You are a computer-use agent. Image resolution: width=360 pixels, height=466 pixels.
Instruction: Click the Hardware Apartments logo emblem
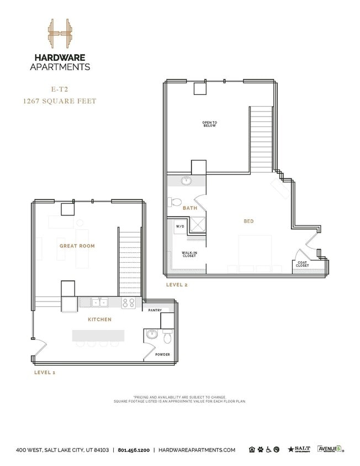tap(60, 35)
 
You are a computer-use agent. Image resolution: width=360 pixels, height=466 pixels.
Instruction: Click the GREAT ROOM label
tap(77, 246)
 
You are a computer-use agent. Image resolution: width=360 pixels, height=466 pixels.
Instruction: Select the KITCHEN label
tap(99, 320)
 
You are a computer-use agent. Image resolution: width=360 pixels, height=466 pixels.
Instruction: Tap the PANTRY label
tap(155, 310)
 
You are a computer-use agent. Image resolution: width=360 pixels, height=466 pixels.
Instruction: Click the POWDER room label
tap(162, 354)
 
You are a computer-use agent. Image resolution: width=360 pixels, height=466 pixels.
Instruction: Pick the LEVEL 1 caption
tap(45, 373)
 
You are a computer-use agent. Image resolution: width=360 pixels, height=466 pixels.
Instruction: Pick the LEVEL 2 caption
tap(177, 285)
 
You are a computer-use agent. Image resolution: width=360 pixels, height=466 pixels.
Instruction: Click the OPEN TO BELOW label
tap(209, 124)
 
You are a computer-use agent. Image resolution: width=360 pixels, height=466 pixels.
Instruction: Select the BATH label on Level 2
tap(190, 208)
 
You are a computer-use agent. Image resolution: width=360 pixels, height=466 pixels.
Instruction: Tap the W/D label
tap(180, 226)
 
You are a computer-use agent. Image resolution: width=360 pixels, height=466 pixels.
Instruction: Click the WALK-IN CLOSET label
tap(190, 255)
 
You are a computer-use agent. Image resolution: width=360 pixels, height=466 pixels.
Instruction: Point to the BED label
tap(248, 221)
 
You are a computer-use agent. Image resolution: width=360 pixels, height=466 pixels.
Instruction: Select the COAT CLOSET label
tap(303, 264)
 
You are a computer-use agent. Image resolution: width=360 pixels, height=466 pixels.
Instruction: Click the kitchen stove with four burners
tap(129, 303)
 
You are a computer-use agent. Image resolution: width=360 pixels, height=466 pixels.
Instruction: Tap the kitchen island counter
tap(98, 335)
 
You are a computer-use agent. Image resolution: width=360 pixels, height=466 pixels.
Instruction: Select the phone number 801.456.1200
tap(134, 450)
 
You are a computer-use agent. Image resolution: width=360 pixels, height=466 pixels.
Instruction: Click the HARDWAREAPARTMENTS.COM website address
tap(197, 450)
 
